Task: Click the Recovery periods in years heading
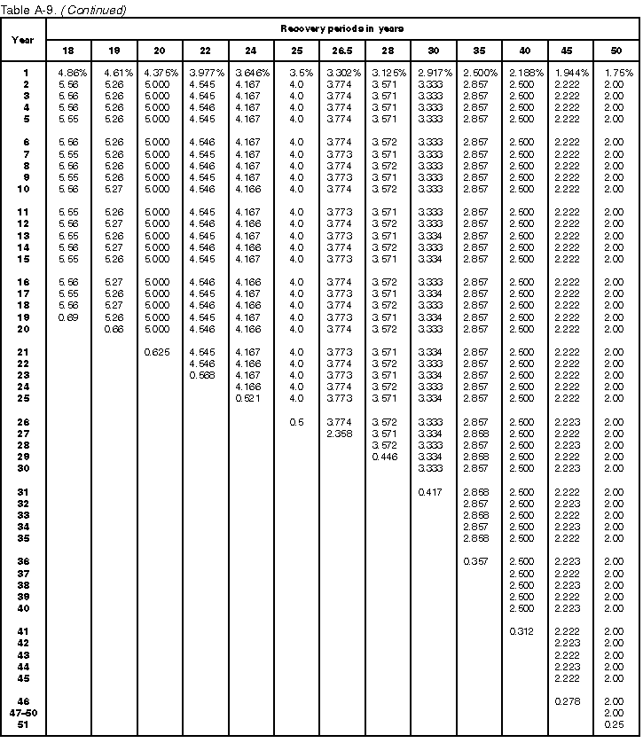pyautogui.click(x=341, y=28)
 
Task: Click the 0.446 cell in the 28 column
pyautogui.click(x=386, y=457)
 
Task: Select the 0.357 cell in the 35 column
pyautogui.click(x=476, y=561)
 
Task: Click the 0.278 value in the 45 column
pyautogui.click(x=568, y=700)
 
